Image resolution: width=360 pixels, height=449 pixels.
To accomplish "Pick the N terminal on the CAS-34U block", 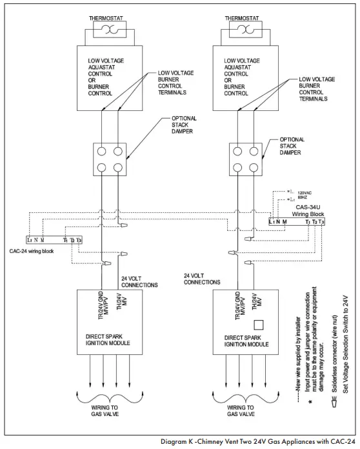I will [278, 221].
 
